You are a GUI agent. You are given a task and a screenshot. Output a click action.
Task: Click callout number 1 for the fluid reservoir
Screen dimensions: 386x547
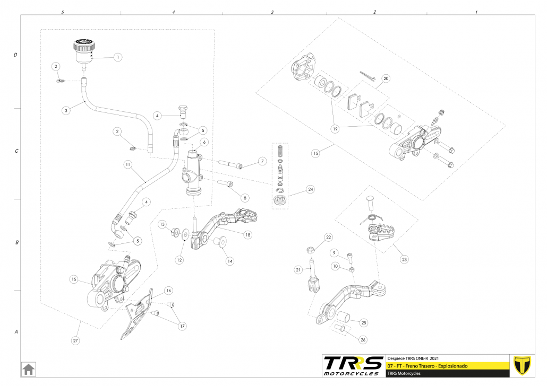118,57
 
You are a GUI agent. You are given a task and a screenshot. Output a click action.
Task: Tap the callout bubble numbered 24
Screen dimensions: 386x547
310,189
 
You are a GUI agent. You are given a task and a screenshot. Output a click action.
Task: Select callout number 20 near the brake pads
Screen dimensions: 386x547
386,78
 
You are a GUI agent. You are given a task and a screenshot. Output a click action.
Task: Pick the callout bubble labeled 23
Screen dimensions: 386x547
404,260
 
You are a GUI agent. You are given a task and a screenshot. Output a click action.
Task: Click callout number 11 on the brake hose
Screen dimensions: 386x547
127,165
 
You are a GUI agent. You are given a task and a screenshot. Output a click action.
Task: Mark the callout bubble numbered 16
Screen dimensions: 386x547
168,291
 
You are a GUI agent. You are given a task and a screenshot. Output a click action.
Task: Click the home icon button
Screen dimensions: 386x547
28,369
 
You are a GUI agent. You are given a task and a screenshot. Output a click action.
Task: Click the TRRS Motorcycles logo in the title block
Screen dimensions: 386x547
353,365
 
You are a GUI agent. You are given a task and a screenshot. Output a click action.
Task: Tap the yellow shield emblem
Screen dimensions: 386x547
523,365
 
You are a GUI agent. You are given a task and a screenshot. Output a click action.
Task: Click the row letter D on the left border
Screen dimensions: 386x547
15,55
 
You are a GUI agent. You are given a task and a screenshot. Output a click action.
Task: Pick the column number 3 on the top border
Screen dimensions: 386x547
272,12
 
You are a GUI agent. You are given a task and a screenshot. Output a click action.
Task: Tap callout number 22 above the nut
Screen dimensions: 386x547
328,237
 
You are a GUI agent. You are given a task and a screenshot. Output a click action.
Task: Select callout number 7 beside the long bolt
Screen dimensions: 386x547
262,161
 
